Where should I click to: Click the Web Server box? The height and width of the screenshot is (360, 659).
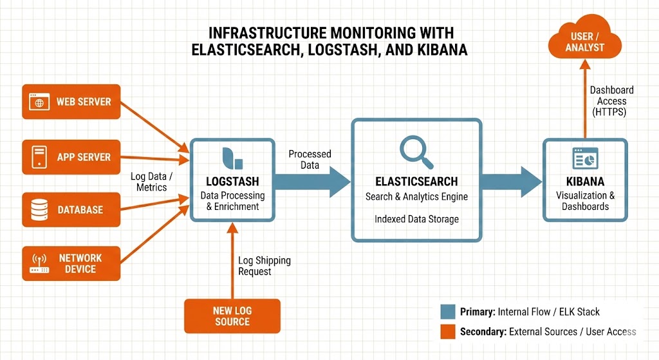pos(71,102)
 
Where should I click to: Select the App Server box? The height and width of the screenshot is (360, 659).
pos(71,156)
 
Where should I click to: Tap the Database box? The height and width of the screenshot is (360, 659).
pos(71,210)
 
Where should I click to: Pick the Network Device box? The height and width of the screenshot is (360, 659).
pos(71,263)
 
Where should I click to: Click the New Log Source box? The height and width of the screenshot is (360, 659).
pos(232,316)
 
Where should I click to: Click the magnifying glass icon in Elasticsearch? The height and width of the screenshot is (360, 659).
pos(415,149)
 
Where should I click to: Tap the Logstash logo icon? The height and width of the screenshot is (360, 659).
pos(228,157)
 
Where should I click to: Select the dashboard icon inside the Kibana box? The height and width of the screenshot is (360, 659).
pos(585,158)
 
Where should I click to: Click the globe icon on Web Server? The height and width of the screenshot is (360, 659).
pos(39,102)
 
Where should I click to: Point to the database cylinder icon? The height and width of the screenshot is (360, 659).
pos(39,210)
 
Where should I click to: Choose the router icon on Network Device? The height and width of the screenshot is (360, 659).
pos(39,263)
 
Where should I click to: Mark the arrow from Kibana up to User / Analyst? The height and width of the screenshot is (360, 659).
pos(585,97)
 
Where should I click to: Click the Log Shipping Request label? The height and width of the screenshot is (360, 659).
pos(264,266)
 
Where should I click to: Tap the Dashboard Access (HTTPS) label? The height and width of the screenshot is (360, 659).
pos(611,101)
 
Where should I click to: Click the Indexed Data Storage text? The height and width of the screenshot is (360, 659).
pos(416,220)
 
